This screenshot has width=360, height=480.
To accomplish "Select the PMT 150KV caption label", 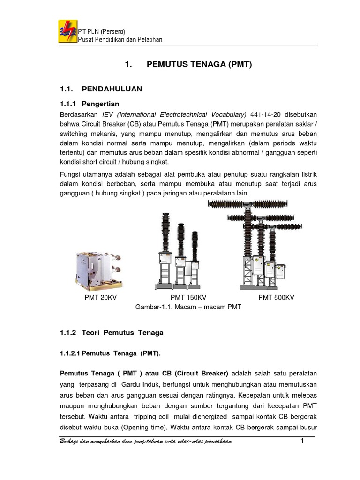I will tap(188, 298).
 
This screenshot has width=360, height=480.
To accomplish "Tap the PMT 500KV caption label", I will tap(276, 298).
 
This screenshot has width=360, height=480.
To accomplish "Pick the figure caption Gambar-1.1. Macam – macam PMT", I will tap(188, 307).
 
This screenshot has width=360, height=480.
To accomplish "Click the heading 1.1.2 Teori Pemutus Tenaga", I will tap(112, 333).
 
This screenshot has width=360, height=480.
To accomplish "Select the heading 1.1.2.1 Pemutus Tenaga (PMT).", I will tap(110, 354).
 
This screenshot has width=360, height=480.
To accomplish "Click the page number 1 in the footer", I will tap(302, 442).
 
